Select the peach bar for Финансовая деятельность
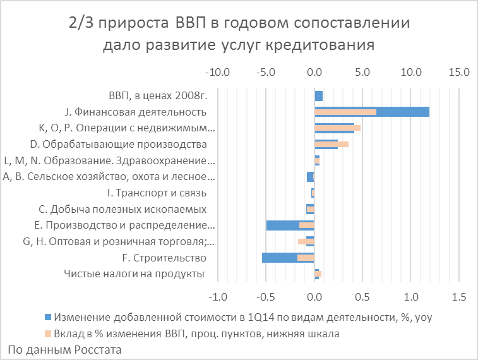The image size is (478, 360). (345, 112)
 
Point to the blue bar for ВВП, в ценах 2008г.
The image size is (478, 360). (318, 96)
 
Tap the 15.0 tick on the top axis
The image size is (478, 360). (459, 72)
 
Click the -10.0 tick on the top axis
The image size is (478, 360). (217, 72)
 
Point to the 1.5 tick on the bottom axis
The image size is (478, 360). (459, 296)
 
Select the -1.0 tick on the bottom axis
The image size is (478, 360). (217, 296)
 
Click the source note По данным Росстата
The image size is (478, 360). (64, 349)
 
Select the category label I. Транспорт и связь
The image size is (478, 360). (157, 193)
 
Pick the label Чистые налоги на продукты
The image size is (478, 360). (135, 273)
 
